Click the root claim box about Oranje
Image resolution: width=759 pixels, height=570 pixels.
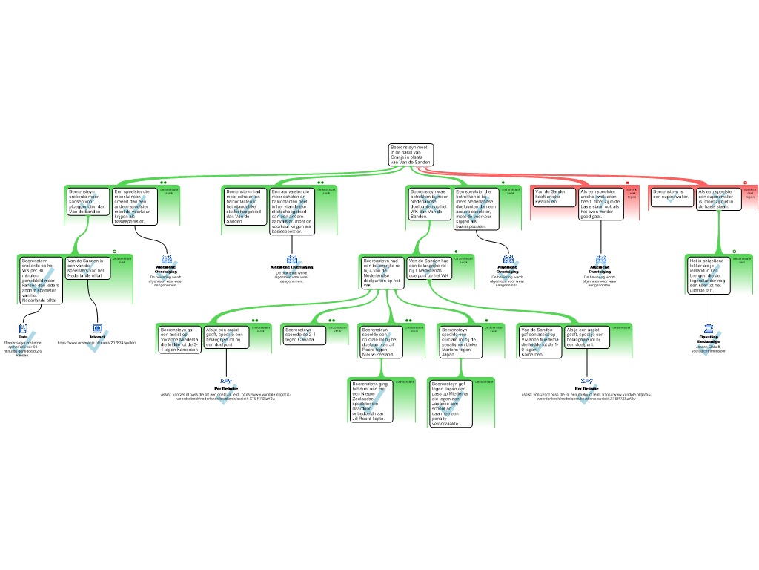point(411,154)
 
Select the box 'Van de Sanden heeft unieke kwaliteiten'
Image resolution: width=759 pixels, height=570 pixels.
point(553,197)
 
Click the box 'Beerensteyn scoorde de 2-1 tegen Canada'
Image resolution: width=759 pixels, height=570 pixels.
point(305,335)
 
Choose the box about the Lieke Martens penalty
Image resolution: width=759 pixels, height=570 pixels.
point(460,341)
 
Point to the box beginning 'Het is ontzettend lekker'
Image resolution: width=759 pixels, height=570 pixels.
point(709,275)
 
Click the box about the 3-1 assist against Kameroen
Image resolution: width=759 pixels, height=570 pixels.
point(179,338)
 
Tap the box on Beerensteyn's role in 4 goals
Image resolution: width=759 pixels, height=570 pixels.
point(382,272)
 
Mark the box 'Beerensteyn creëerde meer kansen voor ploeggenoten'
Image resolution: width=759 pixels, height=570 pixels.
point(88,201)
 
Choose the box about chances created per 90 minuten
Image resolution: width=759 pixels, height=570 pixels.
point(41,280)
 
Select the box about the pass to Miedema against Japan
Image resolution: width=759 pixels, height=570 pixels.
point(451,403)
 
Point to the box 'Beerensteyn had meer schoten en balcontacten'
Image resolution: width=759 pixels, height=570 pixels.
point(245,206)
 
